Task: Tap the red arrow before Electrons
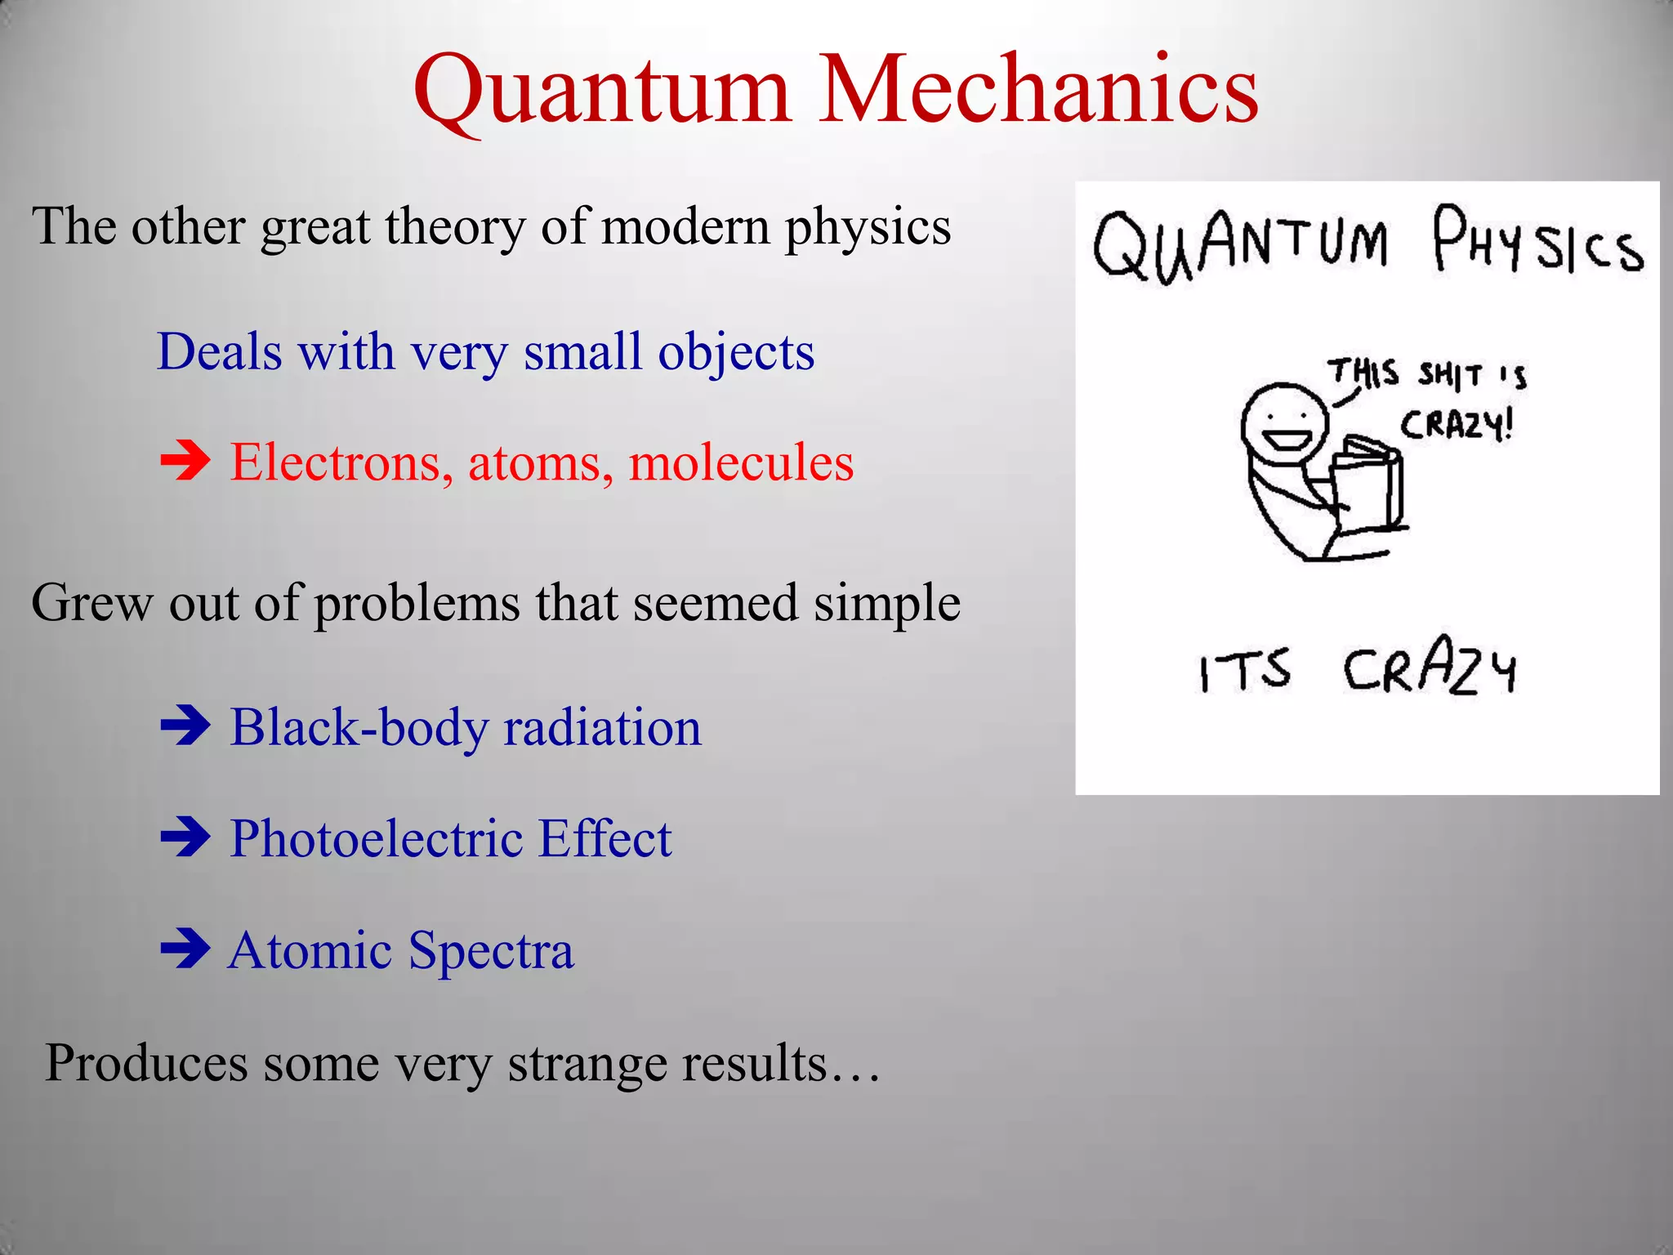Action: coord(185,462)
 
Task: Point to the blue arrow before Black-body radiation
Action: coord(185,726)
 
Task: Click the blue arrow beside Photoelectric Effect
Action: coord(185,837)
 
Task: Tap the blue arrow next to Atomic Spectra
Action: coord(185,949)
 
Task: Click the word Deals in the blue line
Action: coord(219,352)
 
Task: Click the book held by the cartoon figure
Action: coord(1368,486)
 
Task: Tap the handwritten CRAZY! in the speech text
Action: coord(1457,425)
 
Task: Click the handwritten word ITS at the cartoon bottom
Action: coord(1244,670)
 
